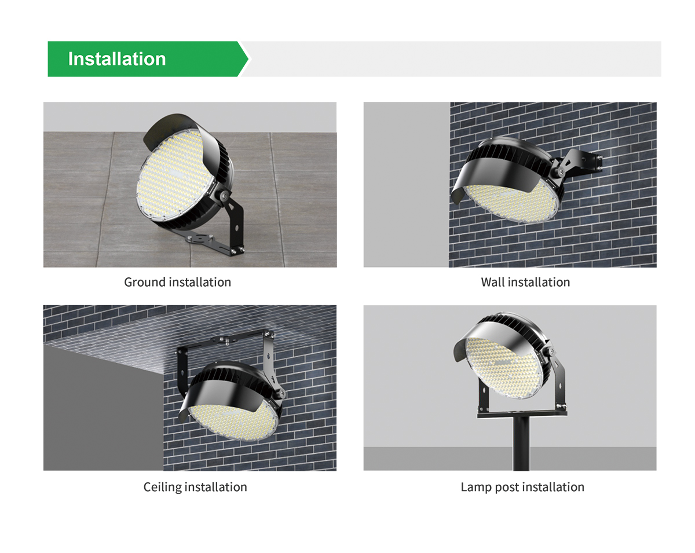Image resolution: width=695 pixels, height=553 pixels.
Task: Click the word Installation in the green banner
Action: point(117,59)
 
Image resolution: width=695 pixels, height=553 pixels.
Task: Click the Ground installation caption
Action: point(177,283)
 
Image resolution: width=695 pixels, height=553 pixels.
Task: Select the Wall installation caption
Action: point(525,283)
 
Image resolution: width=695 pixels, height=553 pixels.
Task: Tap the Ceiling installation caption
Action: point(195,487)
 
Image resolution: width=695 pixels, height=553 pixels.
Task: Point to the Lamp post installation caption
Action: point(522,487)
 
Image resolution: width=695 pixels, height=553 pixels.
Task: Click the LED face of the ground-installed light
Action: point(174,174)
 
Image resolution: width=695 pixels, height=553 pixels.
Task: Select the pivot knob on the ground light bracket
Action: point(223,195)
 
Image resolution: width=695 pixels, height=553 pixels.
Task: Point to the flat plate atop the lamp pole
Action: point(522,413)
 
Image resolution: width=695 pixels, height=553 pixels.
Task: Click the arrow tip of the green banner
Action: point(248,59)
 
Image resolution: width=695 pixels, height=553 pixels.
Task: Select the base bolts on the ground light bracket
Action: point(237,250)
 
